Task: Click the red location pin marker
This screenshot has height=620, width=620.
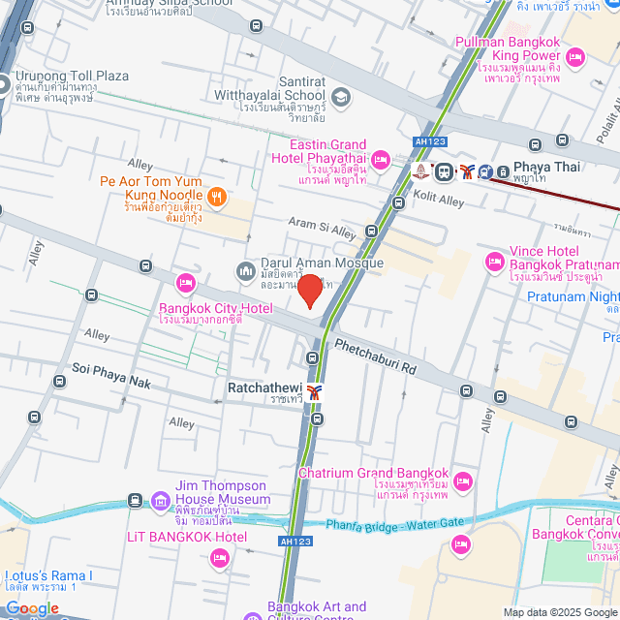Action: click(x=309, y=291)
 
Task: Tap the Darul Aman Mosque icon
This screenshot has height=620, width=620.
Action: click(x=246, y=269)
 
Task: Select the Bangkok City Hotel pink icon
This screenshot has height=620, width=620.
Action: click(x=185, y=283)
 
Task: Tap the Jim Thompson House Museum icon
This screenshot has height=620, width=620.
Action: click(x=160, y=500)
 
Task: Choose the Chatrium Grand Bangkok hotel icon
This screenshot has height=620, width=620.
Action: click(x=463, y=481)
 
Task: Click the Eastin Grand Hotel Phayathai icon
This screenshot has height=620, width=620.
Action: click(x=380, y=159)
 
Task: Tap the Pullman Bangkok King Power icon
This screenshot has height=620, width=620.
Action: click(x=573, y=58)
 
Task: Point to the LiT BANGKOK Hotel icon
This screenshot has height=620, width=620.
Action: click(x=220, y=557)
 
